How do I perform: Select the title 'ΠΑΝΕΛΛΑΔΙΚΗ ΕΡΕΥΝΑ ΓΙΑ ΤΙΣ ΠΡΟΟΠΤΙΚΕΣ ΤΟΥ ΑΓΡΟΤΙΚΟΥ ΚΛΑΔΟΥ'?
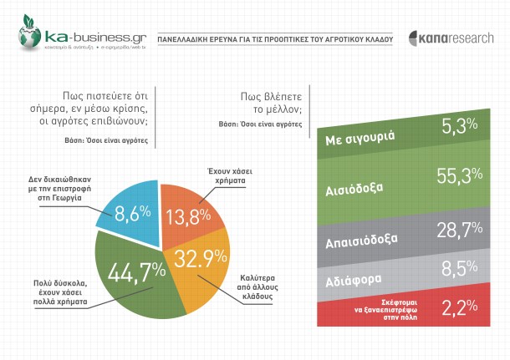275,39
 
